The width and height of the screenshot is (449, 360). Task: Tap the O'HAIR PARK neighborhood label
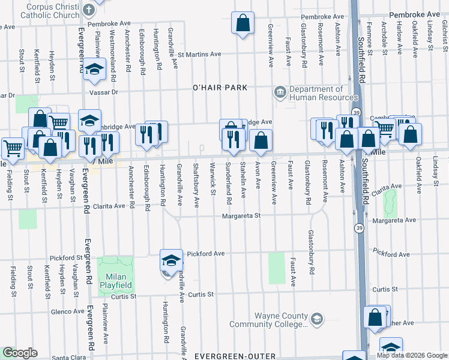(x=220, y=88)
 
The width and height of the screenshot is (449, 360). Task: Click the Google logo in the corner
(x=20, y=353)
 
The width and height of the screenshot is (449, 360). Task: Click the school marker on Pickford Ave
(x=171, y=260)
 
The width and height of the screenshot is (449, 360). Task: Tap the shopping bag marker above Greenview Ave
(x=242, y=24)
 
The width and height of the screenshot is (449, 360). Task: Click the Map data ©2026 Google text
(x=411, y=355)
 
